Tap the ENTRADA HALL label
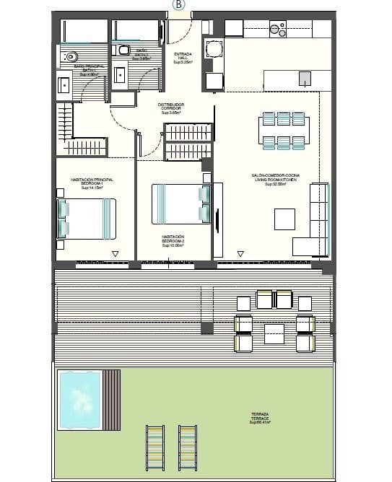(183, 58)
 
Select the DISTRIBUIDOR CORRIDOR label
(171, 108)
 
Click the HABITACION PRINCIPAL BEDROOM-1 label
(92, 183)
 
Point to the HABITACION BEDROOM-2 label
(173, 240)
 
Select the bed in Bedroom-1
(86, 218)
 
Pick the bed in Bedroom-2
(180, 204)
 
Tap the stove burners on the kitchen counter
(276, 29)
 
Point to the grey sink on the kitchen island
(305, 78)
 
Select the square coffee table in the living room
(284, 219)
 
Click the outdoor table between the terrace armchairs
(274, 333)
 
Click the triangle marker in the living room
(240, 253)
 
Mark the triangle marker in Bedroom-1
(115, 253)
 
